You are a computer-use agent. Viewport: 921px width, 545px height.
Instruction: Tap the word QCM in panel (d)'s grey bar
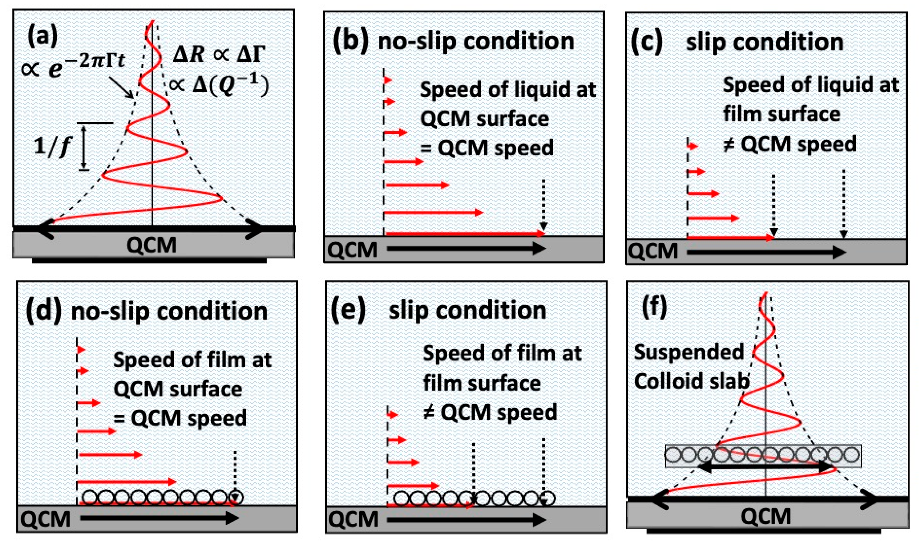point(45,519)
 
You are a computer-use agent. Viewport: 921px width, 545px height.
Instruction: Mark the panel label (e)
point(347,311)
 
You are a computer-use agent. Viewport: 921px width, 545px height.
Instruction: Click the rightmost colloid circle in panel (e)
point(547,498)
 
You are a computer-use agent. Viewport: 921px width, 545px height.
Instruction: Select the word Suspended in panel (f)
point(689,352)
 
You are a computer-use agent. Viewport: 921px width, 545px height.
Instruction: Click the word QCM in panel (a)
point(151,245)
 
